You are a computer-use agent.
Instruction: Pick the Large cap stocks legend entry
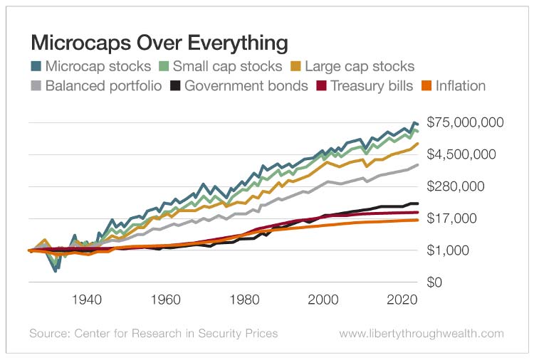pyautogui.click(x=351, y=67)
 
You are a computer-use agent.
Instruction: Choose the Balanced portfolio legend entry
pyautogui.click(x=96, y=86)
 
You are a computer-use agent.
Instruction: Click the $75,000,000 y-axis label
pyautogui.click(x=464, y=122)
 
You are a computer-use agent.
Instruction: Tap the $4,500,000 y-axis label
pyautogui.click(x=461, y=154)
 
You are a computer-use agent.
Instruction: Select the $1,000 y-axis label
pyautogui.click(x=447, y=250)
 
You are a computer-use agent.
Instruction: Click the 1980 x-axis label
pyautogui.click(x=244, y=300)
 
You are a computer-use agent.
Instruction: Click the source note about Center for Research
pyautogui.click(x=153, y=333)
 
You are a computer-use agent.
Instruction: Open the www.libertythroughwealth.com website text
pyautogui.click(x=422, y=333)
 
